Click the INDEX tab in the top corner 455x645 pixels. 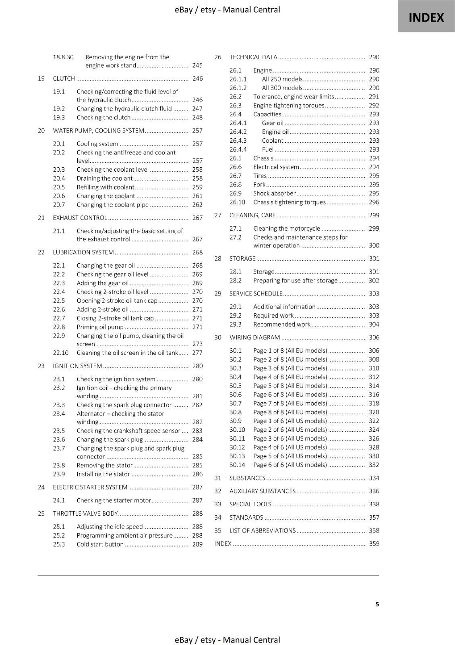(x=426, y=17)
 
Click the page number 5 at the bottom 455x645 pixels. (x=377, y=604)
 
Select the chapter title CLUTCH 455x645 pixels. (x=64, y=79)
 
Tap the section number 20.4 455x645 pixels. (x=59, y=178)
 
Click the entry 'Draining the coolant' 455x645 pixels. (x=104, y=178)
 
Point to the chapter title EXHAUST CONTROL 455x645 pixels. (x=80, y=218)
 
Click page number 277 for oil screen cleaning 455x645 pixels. (x=197, y=353)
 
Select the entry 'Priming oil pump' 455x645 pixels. (x=100, y=327)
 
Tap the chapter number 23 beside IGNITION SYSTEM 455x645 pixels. (x=41, y=366)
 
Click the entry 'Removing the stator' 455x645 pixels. (x=104, y=465)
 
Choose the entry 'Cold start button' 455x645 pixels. (x=100, y=544)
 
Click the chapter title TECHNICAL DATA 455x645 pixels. (x=253, y=57)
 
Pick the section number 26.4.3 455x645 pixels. (x=238, y=141)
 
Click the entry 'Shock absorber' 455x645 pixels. (x=274, y=193)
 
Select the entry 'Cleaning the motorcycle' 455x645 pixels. (x=287, y=229)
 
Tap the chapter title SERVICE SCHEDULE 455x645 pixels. (x=256, y=293)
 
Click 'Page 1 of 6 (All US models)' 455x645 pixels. (x=290, y=421)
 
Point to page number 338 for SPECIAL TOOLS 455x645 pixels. (x=374, y=504)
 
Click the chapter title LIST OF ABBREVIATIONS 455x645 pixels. (x=262, y=531)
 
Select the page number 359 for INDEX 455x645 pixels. (x=374, y=543)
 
